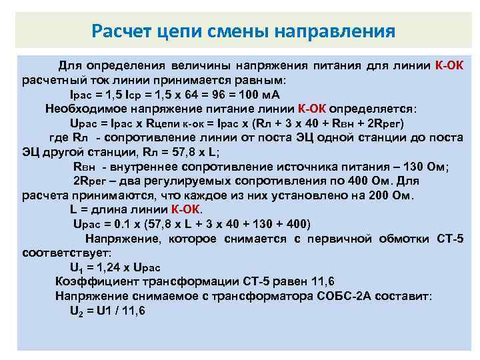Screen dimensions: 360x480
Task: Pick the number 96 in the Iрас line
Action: (220, 95)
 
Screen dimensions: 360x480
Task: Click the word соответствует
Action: (67, 253)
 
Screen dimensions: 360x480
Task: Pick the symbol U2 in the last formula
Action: (77, 311)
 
